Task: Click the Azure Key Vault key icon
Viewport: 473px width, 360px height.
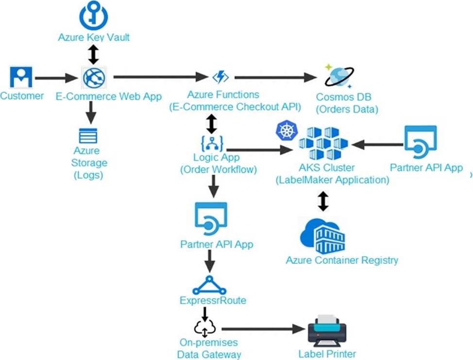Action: pyautogui.click(x=94, y=15)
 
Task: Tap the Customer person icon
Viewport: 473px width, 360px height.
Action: pyautogui.click(x=21, y=77)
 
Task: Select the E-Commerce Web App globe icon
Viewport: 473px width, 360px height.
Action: pyautogui.click(x=94, y=78)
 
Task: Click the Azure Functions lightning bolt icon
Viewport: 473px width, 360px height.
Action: pyautogui.click(x=221, y=77)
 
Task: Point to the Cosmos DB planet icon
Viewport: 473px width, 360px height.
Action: pyautogui.click(x=339, y=76)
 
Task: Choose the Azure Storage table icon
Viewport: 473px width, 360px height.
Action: pyautogui.click(x=88, y=136)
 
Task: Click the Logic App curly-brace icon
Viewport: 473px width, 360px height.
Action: pyautogui.click(x=212, y=144)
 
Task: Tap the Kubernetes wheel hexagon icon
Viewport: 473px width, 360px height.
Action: pyautogui.click(x=287, y=130)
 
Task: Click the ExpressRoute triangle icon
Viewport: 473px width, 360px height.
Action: pyautogui.click(x=209, y=285)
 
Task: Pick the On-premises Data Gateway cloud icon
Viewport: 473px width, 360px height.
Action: pyautogui.click(x=205, y=328)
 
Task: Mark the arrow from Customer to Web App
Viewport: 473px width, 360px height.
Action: pyautogui.click(x=56, y=78)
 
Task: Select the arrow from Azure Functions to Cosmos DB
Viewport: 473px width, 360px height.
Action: pyautogui.click(x=275, y=78)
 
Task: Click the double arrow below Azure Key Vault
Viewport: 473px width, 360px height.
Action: pyautogui.click(x=94, y=54)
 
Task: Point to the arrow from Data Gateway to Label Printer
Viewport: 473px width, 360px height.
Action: pyautogui.click(x=263, y=329)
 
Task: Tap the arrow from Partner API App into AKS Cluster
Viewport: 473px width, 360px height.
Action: pyautogui.click(x=377, y=145)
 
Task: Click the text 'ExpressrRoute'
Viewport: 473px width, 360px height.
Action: pyautogui.click(x=213, y=300)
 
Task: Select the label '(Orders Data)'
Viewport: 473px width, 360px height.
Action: pyautogui.click(x=347, y=109)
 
